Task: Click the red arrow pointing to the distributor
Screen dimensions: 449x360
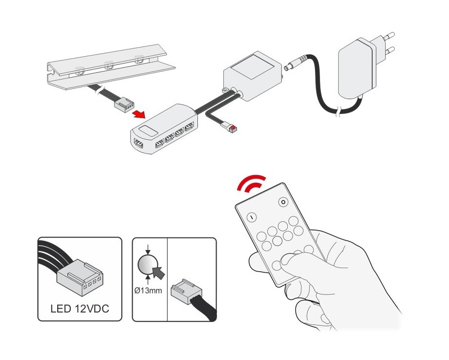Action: [139, 114]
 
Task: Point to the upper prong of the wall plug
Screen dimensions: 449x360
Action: [388, 36]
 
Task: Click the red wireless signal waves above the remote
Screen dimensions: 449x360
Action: [251, 183]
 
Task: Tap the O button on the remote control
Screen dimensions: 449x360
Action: [283, 202]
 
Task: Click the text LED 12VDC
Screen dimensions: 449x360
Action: [80, 308]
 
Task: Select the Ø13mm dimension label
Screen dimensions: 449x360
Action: [149, 291]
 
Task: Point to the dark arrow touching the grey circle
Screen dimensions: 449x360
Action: [159, 273]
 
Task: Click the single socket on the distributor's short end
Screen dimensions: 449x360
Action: [139, 143]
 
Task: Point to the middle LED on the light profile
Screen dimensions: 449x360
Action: [109, 65]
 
